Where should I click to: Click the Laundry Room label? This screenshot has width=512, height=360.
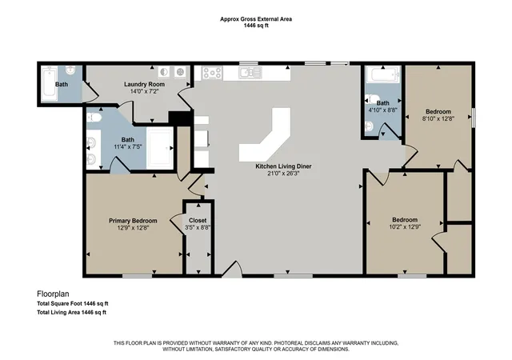[x=144, y=84]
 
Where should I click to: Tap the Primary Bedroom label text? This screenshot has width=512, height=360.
[x=133, y=221]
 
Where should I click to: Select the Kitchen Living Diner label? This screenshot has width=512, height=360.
[x=283, y=166]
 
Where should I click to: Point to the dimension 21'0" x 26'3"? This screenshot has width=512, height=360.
[x=283, y=174]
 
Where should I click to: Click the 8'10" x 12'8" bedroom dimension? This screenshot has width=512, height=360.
[x=438, y=118]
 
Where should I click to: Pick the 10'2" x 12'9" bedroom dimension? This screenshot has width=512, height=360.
[x=405, y=226]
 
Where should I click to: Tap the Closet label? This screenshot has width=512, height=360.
[x=198, y=221]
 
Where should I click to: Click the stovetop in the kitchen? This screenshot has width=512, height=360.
[x=212, y=73]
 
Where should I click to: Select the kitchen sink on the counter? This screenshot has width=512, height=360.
[x=250, y=73]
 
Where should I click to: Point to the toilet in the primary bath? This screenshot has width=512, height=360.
[x=94, y=118]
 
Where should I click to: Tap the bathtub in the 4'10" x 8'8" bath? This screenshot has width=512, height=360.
[x=382, y=74]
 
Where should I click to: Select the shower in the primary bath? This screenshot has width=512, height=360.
[x=160, y=148]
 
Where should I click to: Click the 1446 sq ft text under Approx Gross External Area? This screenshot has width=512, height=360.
[x=256, y=26]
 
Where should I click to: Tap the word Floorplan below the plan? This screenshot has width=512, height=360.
[x=53, y=294]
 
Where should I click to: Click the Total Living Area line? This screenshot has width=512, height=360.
[x=71, y=312]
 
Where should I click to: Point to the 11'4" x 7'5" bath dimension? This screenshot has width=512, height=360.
[x=128, y=147]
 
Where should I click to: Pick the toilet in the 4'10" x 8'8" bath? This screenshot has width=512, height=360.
[x=371, y=98]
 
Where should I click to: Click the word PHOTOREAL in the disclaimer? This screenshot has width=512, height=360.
[x=287, y=343]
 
